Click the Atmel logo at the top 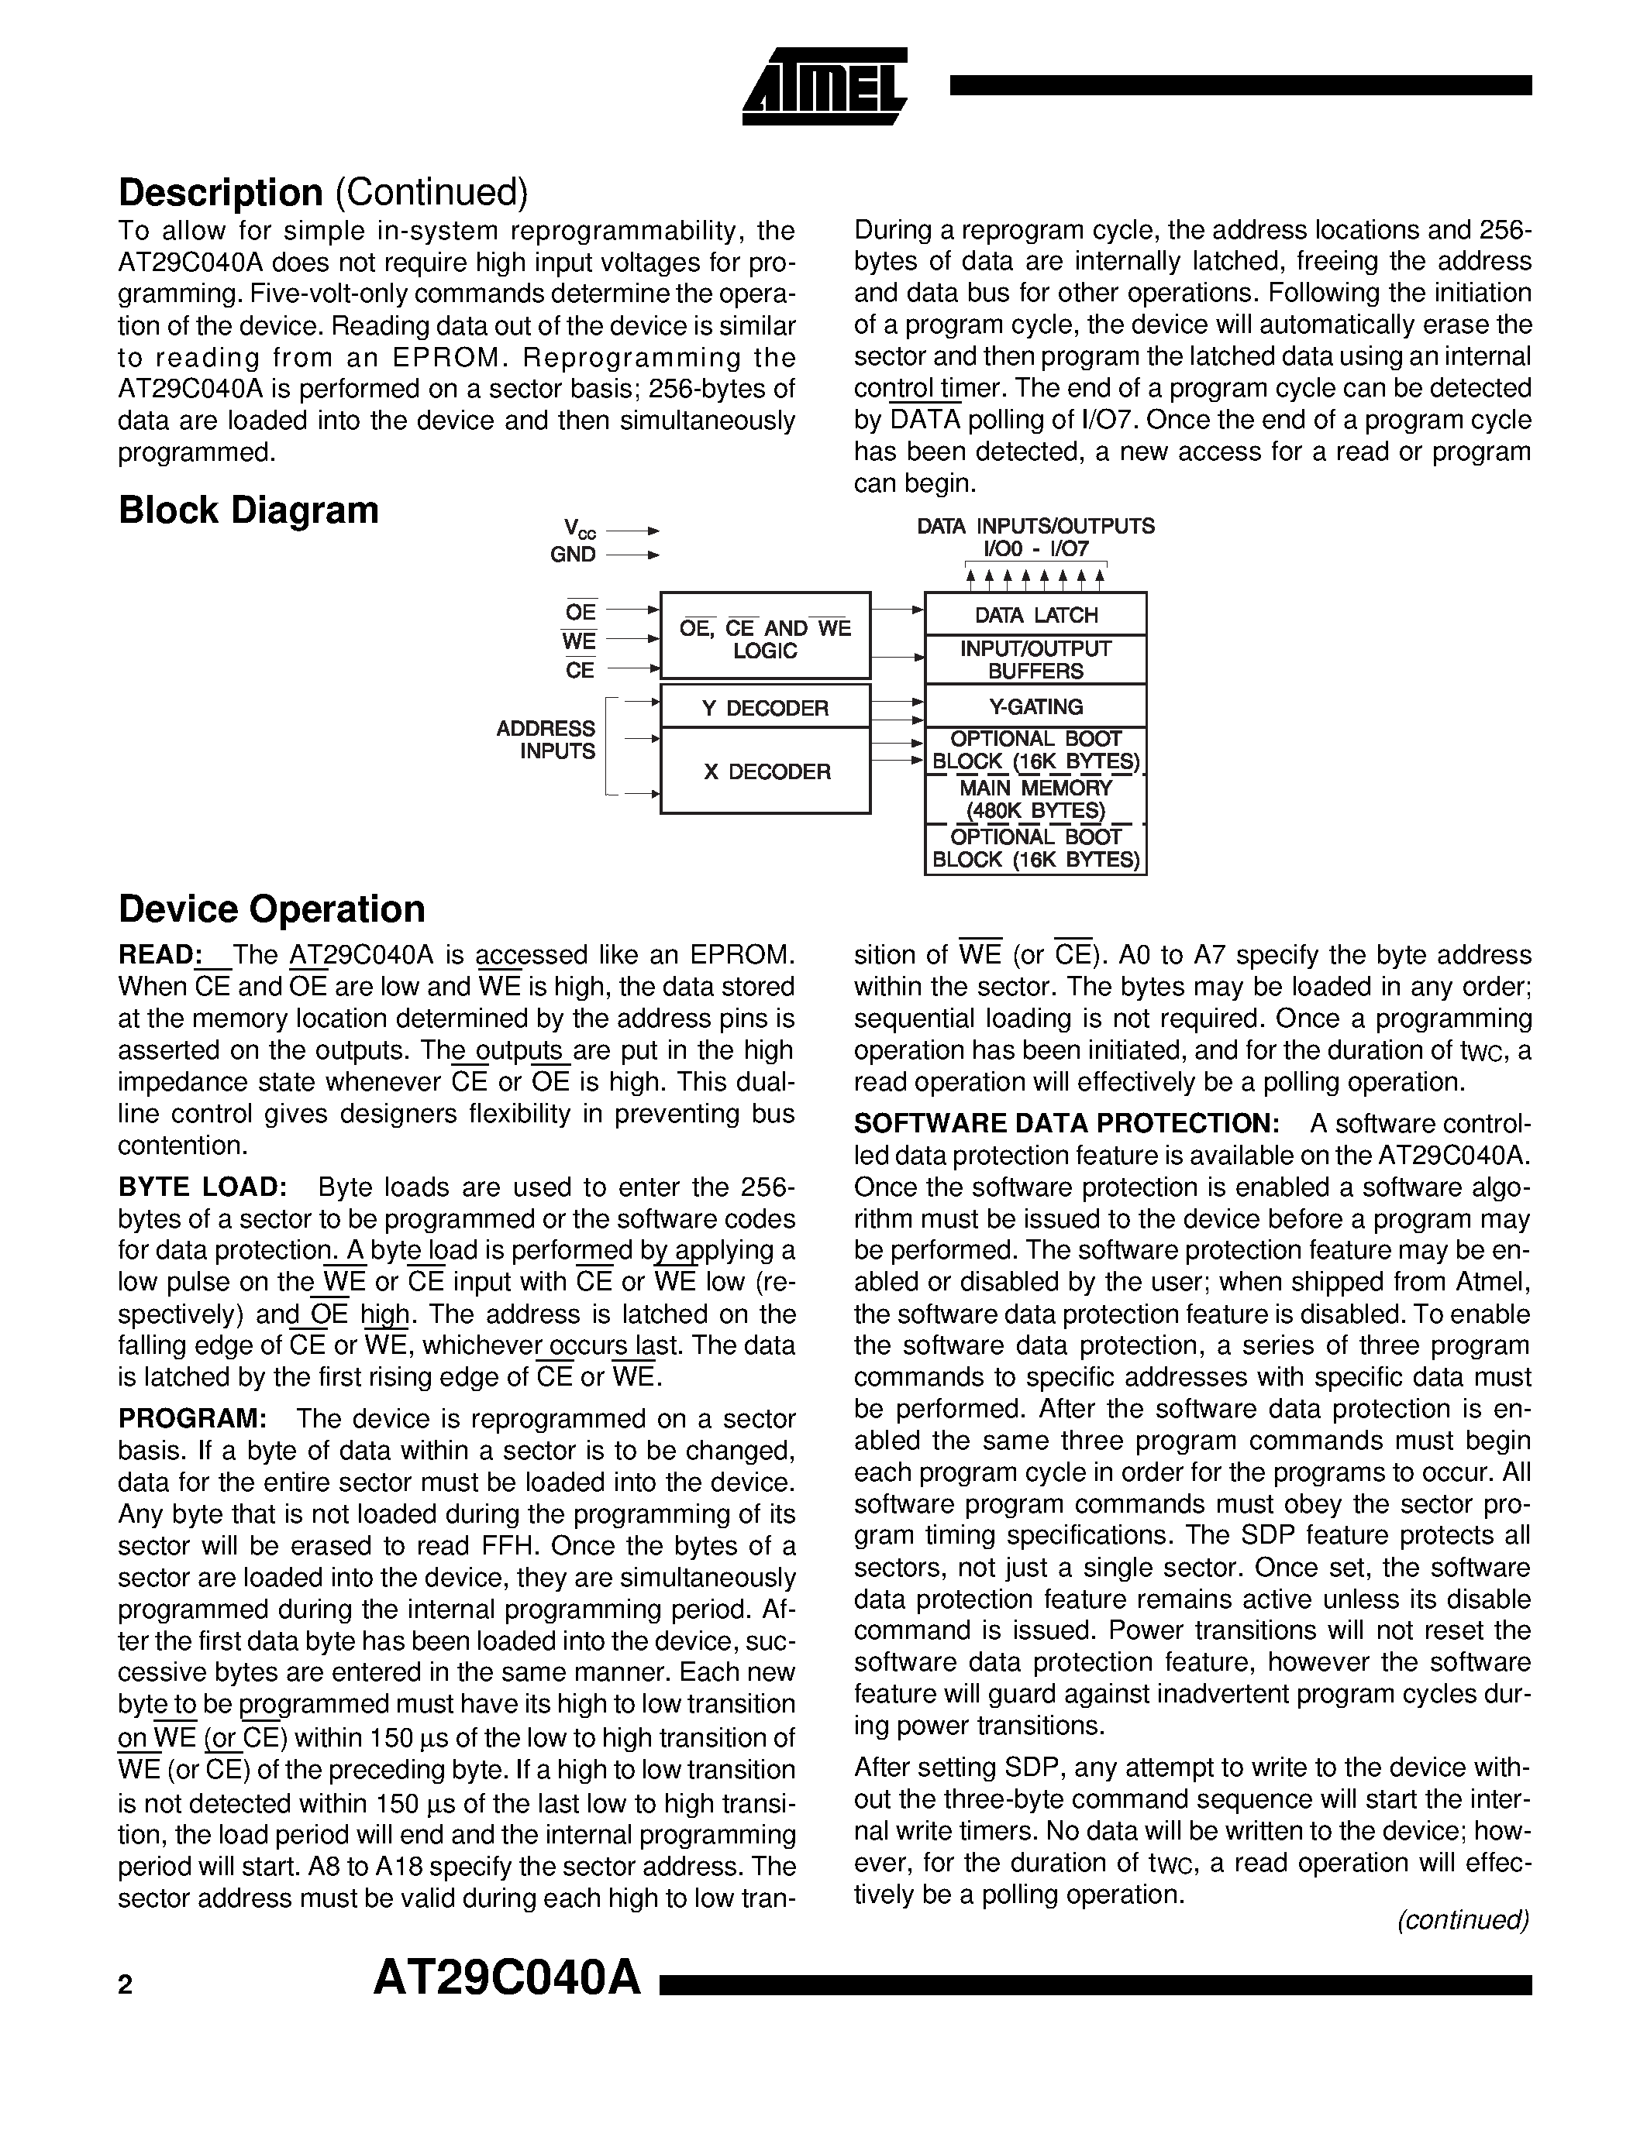click(x=825, y=88)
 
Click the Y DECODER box click(x=765, y=707)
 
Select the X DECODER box click(x=765, y=771)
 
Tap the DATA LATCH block click(x=1035, y=614)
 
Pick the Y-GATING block click(x=1035, y=706)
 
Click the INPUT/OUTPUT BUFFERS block click(x=1035, y=659)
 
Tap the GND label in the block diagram click(x=573, y=555)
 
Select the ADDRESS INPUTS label click(x=546, y=739)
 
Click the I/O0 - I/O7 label click(x=1035, y=549)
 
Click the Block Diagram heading click(x=248, y=510)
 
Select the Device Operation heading click(x=271, y=909)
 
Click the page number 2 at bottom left click(x=125, y=1986)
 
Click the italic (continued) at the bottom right click(x=1463, y=1920)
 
